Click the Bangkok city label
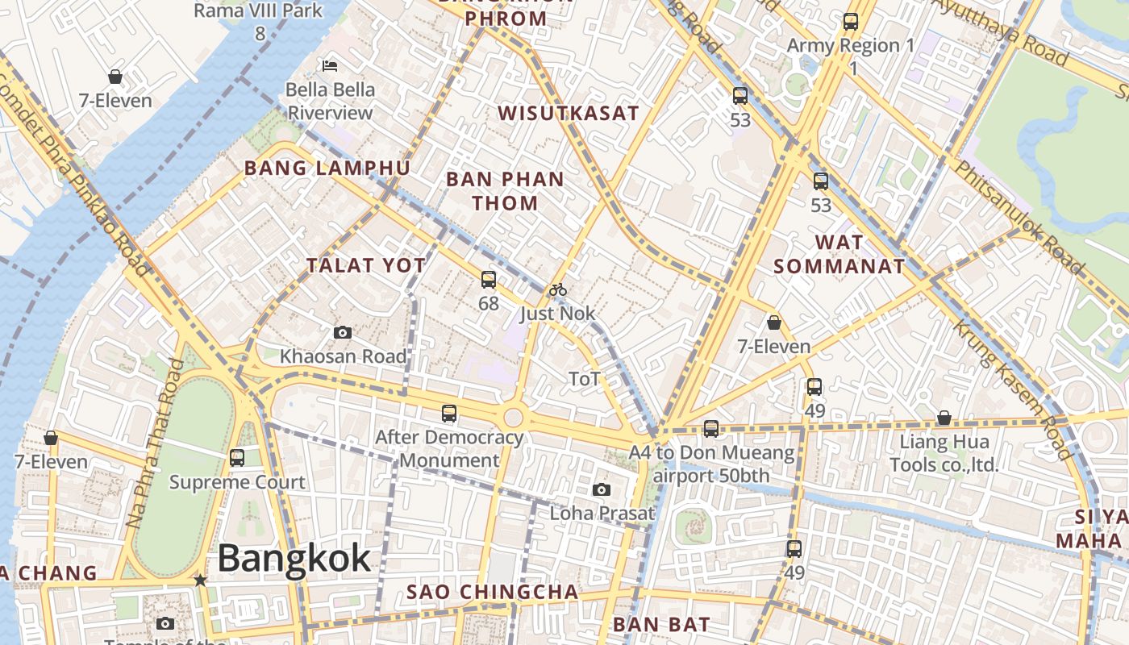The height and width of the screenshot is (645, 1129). point(294,558)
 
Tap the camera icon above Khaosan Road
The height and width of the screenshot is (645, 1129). point(343,332)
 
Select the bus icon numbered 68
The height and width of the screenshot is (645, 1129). point(488,280)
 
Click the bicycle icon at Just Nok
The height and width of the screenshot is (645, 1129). point(557,289)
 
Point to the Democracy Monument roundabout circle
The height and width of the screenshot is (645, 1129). point(513,418)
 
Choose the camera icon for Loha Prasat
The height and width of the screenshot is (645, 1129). point(601,489)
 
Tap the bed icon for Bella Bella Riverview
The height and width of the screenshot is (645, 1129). point(329,65)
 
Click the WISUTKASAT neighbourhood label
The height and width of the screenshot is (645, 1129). point(568,114)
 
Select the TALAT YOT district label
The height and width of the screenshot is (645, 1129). point(366,265)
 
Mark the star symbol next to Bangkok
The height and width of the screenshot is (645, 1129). point(200,580)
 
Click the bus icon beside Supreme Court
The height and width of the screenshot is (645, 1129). point(237,458)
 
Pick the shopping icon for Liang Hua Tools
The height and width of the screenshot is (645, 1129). point(944,418)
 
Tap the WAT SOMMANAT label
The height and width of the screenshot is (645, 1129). point(839,254)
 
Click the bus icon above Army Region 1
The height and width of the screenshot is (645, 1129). point(850,22)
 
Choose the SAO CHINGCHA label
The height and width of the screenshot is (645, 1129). point(492,592)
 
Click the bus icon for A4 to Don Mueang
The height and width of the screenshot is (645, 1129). point(710,429)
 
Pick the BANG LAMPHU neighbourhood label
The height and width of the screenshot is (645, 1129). point(327,169)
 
